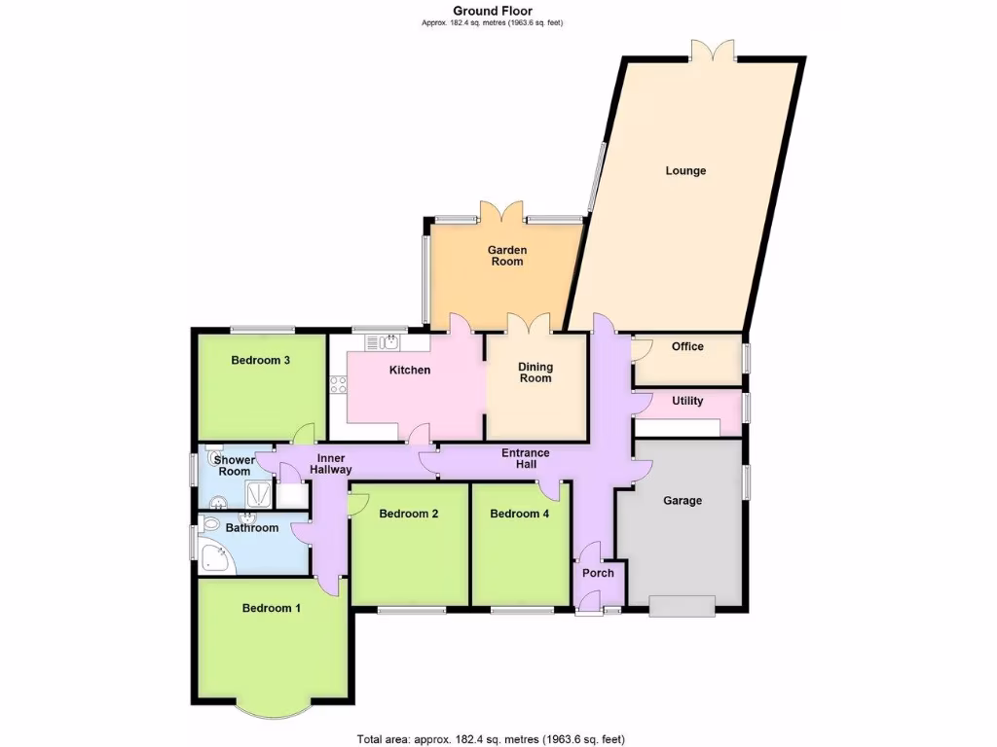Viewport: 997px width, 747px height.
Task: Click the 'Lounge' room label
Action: click(x=685, y=171)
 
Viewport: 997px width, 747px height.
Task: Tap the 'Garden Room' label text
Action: click(x=507, y=256)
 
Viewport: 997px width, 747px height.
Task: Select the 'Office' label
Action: click(x=687, y=347)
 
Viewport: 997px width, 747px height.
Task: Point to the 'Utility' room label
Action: click(x=687, y=401)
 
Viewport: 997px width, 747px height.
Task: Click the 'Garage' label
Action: click(x=683, y=501)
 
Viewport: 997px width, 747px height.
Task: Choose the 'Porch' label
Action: click(x=598, y=573)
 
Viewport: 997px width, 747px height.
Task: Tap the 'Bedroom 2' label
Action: click(x=408, y=514)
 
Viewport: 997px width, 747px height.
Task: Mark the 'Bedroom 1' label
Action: click(x=271, y=608)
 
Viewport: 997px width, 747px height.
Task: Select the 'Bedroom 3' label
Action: click(x=260, y=360)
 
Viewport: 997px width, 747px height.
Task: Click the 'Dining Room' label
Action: click(x=535, y=373)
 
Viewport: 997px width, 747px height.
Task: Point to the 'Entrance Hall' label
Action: click(x=526, y=459)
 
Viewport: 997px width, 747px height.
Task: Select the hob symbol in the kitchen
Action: click(x=339, y=384)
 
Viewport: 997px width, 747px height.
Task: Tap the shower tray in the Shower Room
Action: click(x=257, y=494)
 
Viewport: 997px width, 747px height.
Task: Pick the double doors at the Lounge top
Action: click(x=714, y=51)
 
